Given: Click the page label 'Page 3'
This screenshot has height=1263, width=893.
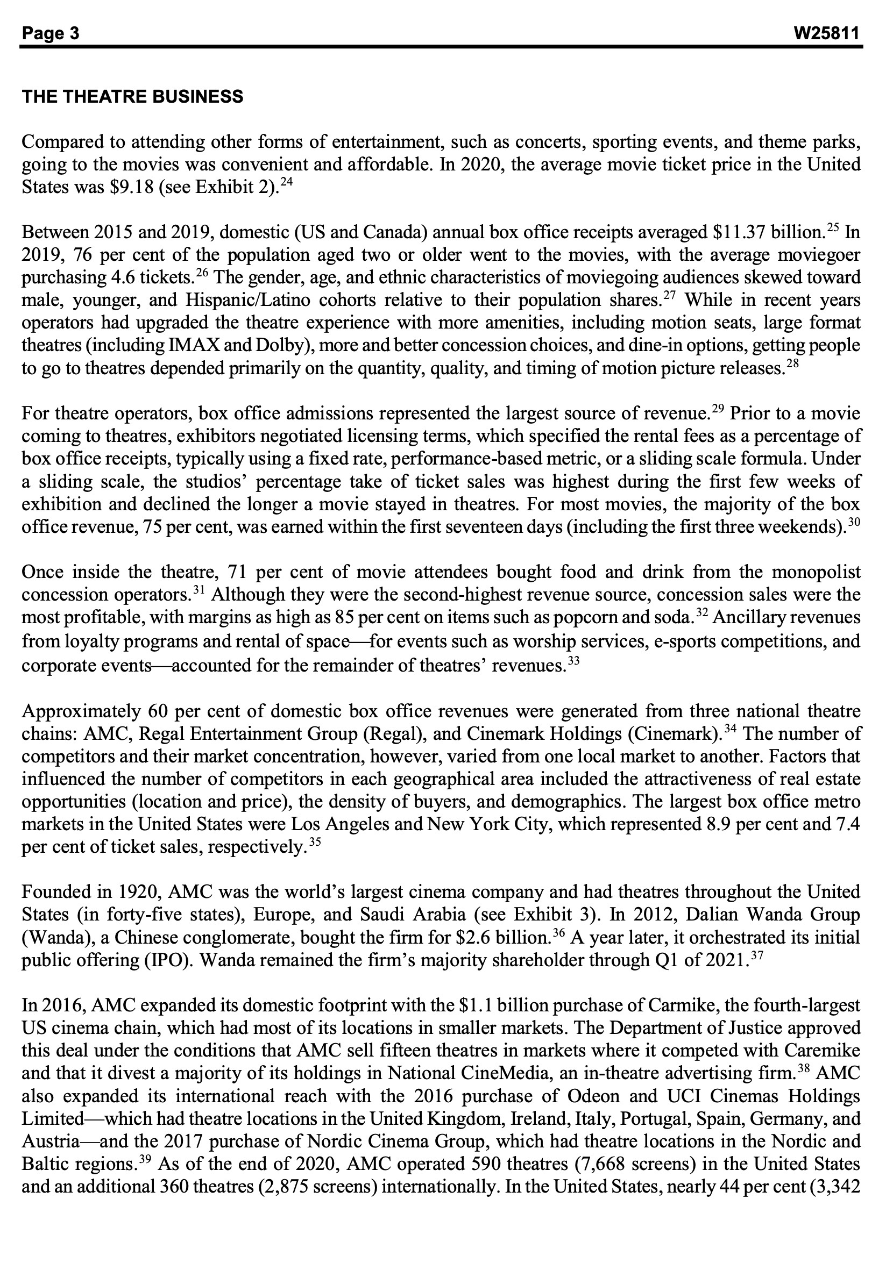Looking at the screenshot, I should tap(51, 33).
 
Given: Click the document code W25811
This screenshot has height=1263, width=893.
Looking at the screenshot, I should tap(826, 33).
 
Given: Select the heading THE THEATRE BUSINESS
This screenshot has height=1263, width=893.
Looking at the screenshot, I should tap(132, 97).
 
